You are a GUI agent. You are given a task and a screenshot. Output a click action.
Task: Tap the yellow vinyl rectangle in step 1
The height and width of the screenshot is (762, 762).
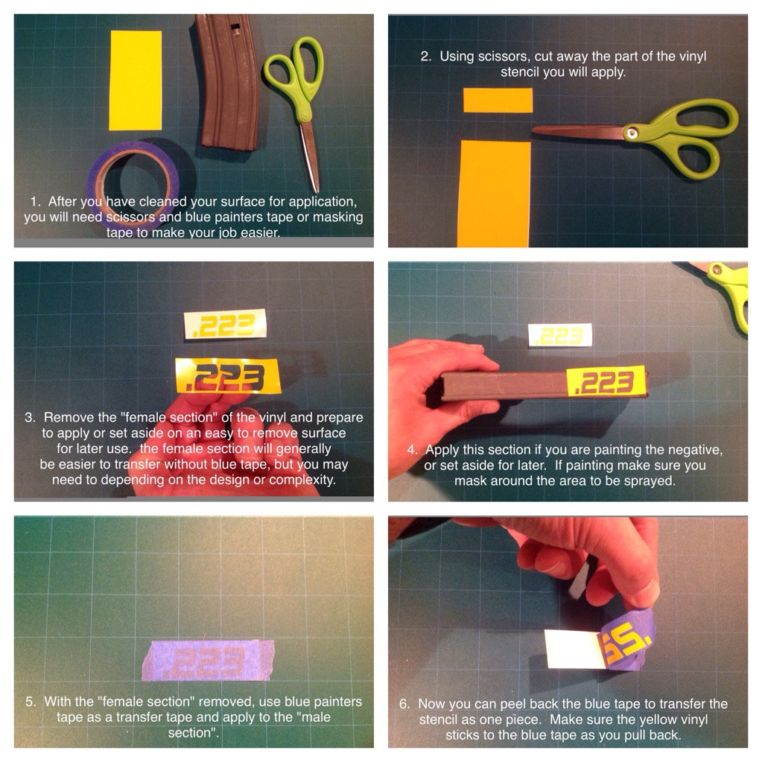135,80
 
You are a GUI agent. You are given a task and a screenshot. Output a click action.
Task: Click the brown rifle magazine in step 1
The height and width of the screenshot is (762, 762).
227,82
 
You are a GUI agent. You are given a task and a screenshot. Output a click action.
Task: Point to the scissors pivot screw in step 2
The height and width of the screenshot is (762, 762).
631,133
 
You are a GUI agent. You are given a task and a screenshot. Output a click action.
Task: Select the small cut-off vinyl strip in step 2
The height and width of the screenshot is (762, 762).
498,100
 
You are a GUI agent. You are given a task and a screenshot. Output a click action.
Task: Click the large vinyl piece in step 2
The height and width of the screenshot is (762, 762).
494,194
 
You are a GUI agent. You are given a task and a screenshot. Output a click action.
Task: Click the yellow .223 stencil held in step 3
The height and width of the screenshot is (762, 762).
228,376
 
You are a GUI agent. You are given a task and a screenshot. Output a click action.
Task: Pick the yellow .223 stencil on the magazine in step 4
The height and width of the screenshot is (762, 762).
606,381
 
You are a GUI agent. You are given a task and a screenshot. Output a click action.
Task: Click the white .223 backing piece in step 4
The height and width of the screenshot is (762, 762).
560,335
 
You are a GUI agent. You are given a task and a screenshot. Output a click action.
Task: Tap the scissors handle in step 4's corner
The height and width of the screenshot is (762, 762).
731,294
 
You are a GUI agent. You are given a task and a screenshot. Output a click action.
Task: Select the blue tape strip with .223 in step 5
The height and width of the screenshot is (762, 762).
208,660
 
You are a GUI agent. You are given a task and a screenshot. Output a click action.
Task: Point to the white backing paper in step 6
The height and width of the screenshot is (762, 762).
574,649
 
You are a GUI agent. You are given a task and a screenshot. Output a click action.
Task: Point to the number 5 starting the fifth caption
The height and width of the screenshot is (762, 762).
30,701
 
